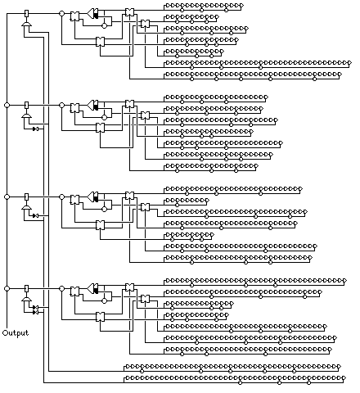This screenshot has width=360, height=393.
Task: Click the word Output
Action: [x=16, y=333]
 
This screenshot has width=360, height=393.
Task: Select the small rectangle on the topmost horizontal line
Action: [x=27, y=13]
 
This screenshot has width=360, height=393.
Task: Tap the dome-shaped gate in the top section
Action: [x=26, y=25]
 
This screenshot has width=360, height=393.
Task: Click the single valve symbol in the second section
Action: [x=35, y=129]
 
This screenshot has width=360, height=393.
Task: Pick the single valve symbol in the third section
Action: [x=35, y=215]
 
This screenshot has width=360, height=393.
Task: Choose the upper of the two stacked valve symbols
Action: [x=35, y=307]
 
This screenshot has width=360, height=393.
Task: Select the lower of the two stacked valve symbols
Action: [x=35, y=312]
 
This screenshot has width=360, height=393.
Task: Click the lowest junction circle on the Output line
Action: [x=7, y=288]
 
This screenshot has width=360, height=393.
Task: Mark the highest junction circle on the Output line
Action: [x=7, y=105]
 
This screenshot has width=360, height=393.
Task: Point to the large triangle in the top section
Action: [x=91, y=13]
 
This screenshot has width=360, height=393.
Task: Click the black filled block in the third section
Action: [x=96, y=196]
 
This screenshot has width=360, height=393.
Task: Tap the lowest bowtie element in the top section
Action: [x=100, y=42]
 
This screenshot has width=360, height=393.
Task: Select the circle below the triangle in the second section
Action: [x=104, y=117]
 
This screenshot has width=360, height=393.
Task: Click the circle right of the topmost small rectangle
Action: [x=62, y=13]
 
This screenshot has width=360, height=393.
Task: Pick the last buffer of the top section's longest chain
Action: [x=349, y=63]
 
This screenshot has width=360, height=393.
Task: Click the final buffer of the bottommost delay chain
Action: [x=344, y=378]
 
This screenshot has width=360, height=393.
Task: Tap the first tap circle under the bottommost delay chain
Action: [x=240, y=383]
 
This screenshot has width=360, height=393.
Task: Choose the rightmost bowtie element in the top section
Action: [x=145, y=24]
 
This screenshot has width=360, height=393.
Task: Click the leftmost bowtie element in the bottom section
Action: [x=74, y=291]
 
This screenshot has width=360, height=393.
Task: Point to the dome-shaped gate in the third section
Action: [x=26, y=208]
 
